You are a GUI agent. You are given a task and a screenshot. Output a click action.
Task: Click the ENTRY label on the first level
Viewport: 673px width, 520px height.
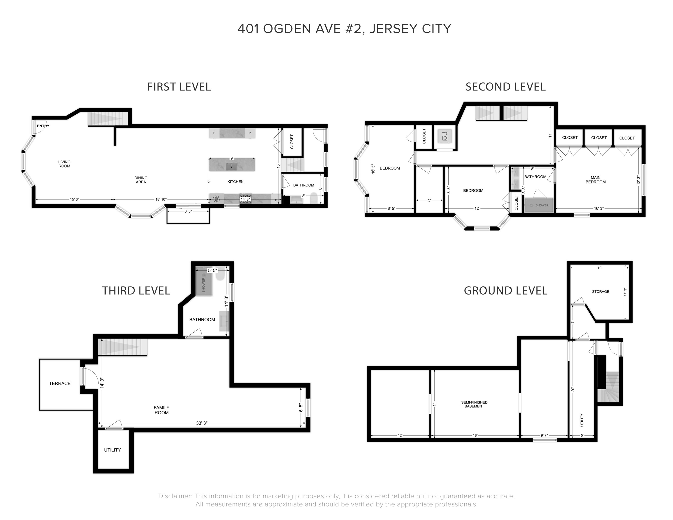(x=43, y=126)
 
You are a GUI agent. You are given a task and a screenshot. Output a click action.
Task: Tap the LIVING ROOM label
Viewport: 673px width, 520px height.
(x=64, y=164)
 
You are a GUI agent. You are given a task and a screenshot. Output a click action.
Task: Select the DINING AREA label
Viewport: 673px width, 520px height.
(x=141, y=180)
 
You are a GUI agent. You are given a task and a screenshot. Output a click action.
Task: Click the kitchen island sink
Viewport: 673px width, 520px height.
(x=231, y=167)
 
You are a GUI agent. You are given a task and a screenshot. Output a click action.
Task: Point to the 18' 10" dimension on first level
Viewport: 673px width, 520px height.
(x=161, y=199)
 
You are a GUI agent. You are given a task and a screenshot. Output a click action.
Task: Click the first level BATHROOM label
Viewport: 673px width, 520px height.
(x=303, y=185)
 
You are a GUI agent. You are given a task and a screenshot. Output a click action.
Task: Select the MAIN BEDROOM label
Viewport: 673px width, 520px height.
(x=596, y=180)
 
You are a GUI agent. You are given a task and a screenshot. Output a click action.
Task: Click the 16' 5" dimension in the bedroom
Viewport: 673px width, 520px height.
(x=373, y=169)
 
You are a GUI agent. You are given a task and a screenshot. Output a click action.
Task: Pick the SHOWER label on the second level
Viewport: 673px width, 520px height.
(x=542, y=205)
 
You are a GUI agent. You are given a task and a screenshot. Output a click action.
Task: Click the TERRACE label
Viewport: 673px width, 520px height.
(x=60, y=383)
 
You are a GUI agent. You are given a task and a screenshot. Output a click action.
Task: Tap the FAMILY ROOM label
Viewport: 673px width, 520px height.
(x=161, y=410)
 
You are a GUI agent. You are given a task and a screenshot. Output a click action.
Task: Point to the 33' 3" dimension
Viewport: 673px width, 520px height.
(x=202, y=423)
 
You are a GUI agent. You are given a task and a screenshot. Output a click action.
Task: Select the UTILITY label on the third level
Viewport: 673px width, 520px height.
(x=112, y=450)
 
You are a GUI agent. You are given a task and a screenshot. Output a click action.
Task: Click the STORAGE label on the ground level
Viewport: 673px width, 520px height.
(x=601, y=291)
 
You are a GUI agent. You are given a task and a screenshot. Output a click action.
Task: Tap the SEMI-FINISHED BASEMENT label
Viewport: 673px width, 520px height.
(x=474, y=404)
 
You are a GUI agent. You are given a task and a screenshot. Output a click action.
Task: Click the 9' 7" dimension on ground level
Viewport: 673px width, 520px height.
(x=544, y=436)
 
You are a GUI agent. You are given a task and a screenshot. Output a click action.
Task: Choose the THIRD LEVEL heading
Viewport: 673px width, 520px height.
(x=136, y=290)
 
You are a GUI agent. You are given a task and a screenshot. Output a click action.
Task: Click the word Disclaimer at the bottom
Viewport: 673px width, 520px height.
(x=175, y=496)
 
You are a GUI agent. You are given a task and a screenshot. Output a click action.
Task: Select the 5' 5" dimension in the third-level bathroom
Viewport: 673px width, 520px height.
(x=212, y=270)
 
